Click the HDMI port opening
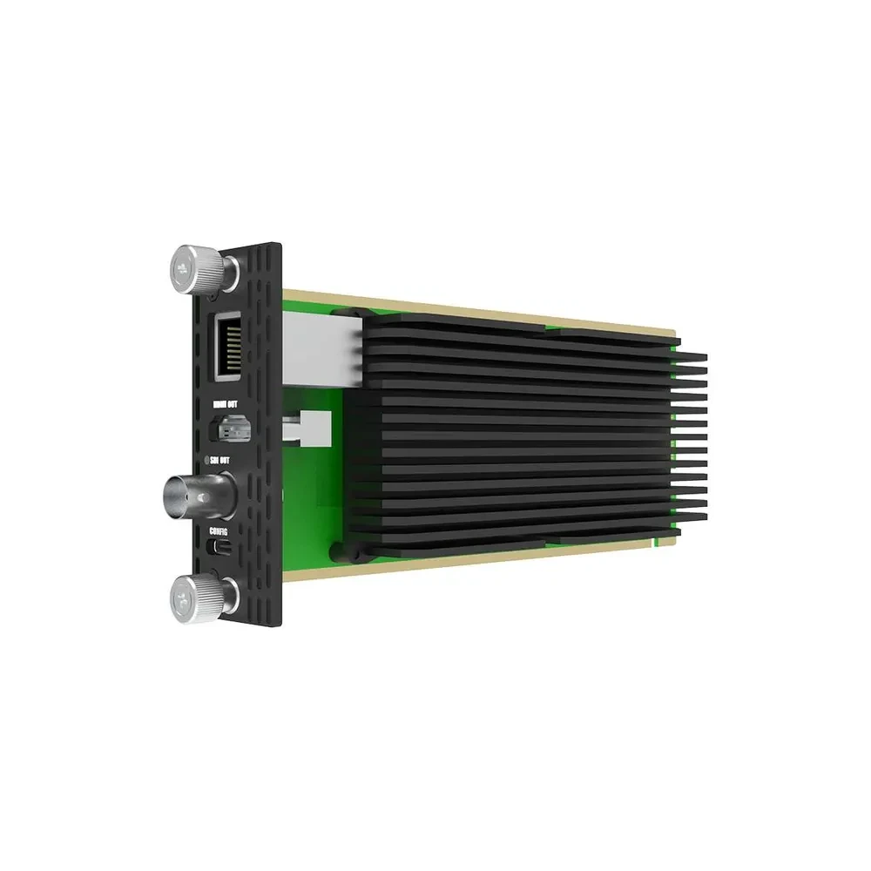pos(228,429)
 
